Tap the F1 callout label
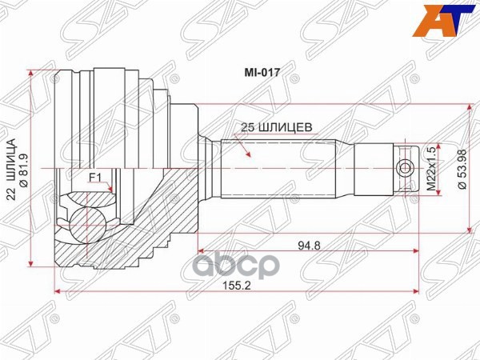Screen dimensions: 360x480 (94, 178)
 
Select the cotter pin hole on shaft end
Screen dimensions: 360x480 (406, 168)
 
